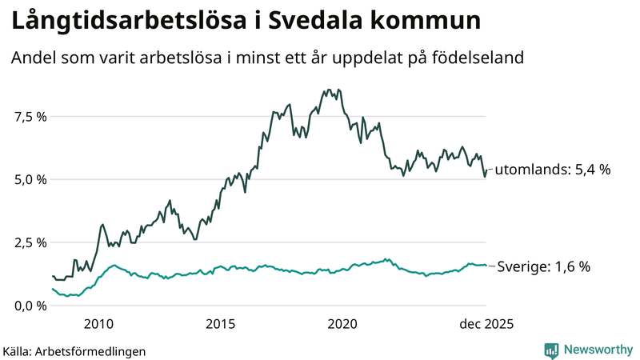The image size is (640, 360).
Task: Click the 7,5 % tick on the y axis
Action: (x=29, y=117)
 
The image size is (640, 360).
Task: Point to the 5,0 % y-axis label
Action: (x=29, y=179)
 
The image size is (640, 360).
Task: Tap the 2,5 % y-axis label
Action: (x=29, y=242)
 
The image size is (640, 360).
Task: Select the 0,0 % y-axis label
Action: (x=29, y=306)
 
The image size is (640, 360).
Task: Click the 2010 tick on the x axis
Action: (x=98, y=324)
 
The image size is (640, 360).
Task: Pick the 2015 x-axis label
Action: (x=220, y=324)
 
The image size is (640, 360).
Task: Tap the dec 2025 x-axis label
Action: (x=485, y=324)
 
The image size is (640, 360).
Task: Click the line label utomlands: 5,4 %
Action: (x=552, y=170)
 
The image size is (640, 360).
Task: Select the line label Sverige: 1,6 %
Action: (x=543, y=266)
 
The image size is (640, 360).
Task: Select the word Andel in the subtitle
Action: (x=31, y=58)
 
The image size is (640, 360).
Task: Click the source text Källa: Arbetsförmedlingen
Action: (x=74, y=350)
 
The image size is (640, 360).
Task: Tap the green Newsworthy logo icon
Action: (x=551, y=350)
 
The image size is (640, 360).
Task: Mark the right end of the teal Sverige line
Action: (x=486, y=266)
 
